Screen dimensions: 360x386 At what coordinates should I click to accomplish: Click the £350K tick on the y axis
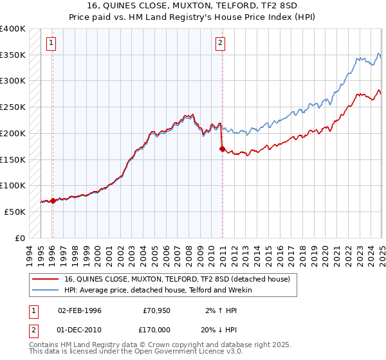(x=13, y=55)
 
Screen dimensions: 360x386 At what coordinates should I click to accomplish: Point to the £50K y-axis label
(x=13, y=212)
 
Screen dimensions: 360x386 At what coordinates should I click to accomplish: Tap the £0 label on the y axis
(x=19, y=238)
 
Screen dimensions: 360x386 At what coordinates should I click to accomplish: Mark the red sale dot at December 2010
(x=222, y=149)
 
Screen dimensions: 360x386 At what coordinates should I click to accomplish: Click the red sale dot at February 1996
(x=53, y=201)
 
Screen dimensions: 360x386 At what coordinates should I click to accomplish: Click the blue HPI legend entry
(x=158, y=290)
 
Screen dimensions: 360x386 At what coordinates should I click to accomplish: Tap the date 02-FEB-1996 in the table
(x=80, y=310)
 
